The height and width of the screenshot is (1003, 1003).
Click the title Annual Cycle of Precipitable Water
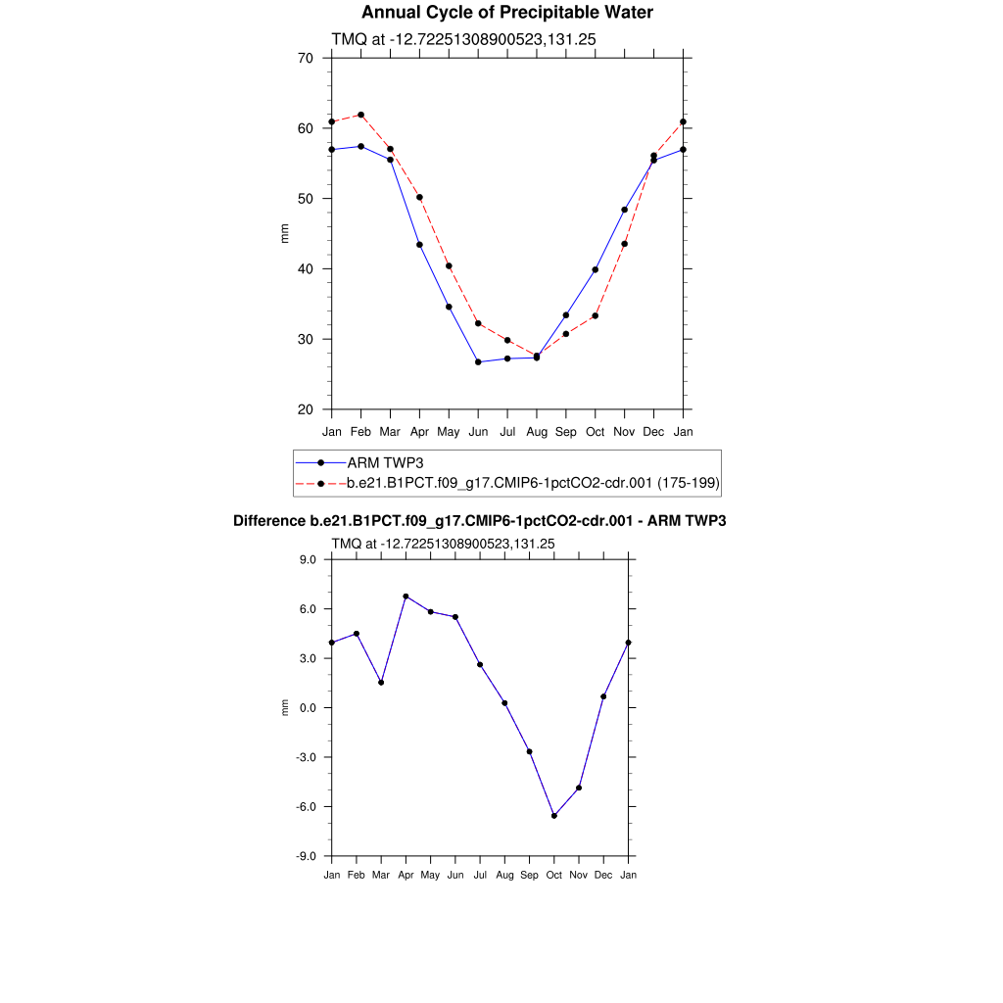(506, 13)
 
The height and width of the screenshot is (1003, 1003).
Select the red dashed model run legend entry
(534, 483)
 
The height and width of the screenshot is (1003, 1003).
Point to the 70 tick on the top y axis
(305, 58)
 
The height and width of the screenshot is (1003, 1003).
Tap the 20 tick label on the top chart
(305, 409)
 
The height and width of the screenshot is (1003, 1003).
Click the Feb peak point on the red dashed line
(361, 115)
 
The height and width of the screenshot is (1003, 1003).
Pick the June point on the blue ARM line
(478, 362)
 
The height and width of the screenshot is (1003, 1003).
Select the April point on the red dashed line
(419, 198)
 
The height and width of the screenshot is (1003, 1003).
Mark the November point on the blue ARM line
(624, 210)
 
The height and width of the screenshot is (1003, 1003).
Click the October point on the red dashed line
(595, 315)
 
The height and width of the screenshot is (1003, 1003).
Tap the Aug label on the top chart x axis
(537, 431)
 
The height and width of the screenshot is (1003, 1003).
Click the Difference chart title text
(479, 521)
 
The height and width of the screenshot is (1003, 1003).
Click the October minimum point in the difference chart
(554, 816)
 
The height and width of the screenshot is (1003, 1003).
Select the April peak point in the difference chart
(406, 597)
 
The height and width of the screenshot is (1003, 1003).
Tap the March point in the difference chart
(381, 683)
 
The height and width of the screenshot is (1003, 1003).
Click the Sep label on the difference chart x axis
(529, 875)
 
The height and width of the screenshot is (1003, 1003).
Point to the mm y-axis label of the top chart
(285, 233)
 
